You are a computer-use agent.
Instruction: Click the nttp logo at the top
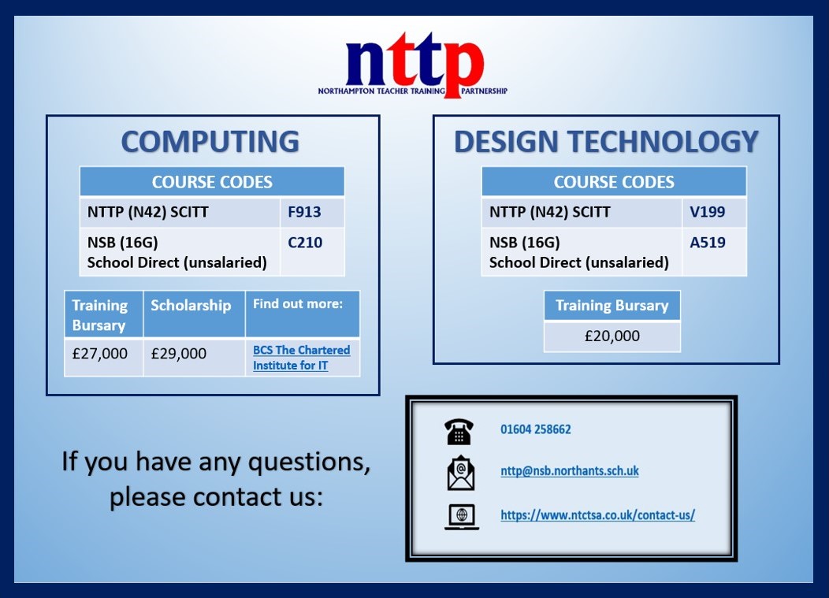tap(413, 66)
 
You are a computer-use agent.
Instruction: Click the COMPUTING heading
tap(210, 142)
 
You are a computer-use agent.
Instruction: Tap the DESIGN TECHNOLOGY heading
tap(606, 142)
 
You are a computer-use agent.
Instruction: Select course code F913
tap(304, 213)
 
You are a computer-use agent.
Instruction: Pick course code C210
tap(304, 243)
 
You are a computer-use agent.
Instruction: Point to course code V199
tap(707, 213)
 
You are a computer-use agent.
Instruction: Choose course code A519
tap(707, 243)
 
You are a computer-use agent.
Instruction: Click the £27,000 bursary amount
tap(99, 354)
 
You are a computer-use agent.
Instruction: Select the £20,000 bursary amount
tap(612, 336)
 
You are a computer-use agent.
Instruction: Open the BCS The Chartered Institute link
tap(301, 358)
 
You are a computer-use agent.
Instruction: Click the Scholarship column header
tap(191, 306)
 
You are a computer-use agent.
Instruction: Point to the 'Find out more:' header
tap(298, 304)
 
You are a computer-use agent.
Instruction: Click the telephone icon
tap(459, 430)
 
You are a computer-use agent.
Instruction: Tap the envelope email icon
tap(460, 473)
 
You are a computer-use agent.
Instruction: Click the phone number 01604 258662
tap(535, 429)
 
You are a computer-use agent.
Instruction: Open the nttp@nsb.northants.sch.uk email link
tap(569, 471)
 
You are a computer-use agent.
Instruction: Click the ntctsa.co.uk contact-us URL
tap(597, 515)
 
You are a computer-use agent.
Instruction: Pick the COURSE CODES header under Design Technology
tap(614, 182)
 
